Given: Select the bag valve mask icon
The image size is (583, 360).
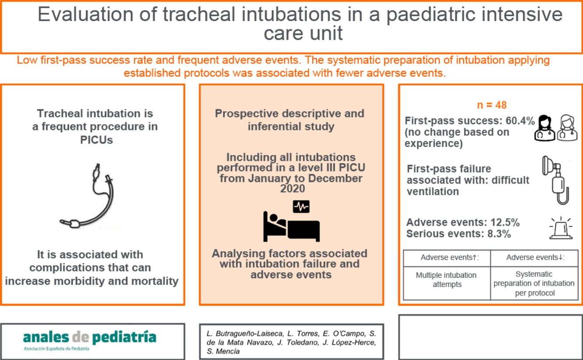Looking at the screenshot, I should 555,179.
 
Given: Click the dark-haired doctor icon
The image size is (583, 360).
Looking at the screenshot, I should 545,128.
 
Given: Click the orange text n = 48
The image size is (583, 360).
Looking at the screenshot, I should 492,105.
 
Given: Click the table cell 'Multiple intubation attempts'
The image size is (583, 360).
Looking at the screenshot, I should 446,279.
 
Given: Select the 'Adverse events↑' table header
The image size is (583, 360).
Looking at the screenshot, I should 446,258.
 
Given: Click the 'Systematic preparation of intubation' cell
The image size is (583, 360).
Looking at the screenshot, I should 534,283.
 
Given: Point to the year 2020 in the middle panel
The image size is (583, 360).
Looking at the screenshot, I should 291,189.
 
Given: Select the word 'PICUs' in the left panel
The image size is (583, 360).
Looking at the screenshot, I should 95,140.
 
